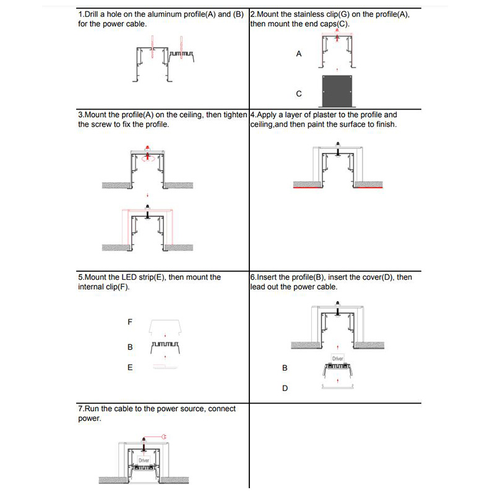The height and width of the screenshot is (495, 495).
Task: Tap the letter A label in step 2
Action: pos(299,54)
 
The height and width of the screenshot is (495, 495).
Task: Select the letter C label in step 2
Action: pos(299,94)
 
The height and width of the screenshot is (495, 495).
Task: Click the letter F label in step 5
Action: pos(130,322)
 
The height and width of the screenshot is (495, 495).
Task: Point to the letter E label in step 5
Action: pos(130,368)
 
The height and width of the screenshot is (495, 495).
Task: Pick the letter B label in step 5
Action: pos(130,347)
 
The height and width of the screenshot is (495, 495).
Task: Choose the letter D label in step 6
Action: pos(285,389)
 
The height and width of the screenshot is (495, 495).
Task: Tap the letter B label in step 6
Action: pos(285,368)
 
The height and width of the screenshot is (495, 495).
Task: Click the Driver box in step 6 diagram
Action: pos(337,359)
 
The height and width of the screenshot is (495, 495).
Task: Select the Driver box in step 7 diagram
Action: pos(144,461)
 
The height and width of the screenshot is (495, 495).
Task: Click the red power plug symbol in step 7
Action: pos(165,437)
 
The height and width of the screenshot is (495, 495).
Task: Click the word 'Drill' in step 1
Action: pos(96,14)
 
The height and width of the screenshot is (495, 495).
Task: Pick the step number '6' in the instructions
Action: pos(252,277)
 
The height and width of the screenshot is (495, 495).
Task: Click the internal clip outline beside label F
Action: pos(164,327)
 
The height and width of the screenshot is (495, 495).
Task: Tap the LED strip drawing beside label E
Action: pos(164,366)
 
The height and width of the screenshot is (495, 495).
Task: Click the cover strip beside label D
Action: pos(337,387)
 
